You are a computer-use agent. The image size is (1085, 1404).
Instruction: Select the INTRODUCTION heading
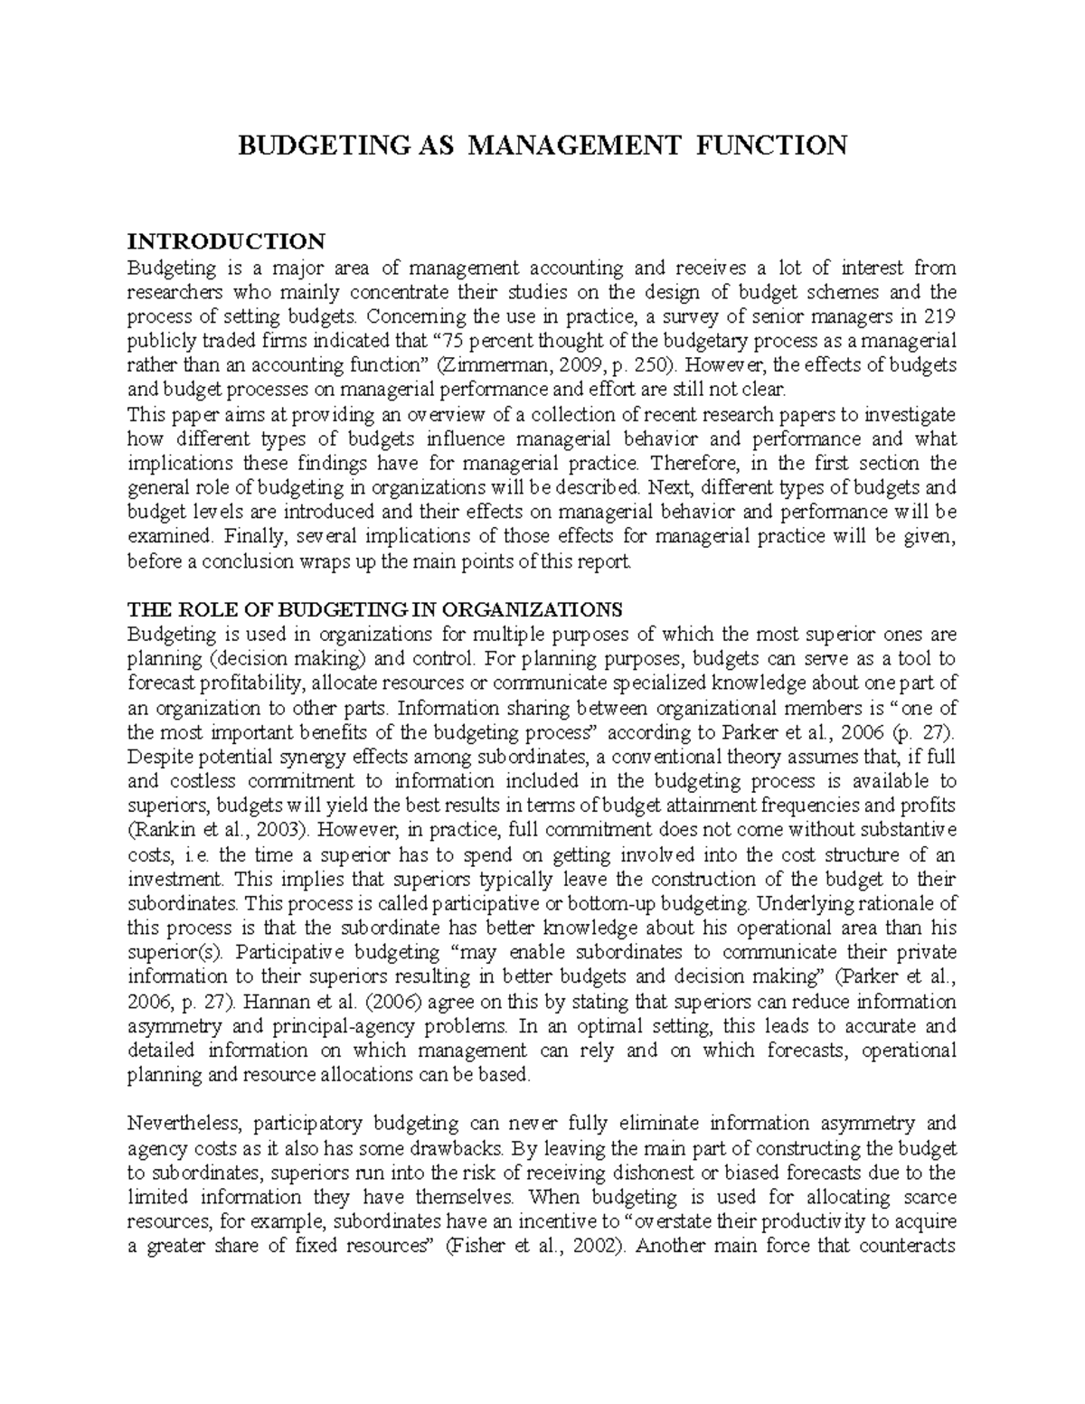pyautogui.click(x=226, y=241)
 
